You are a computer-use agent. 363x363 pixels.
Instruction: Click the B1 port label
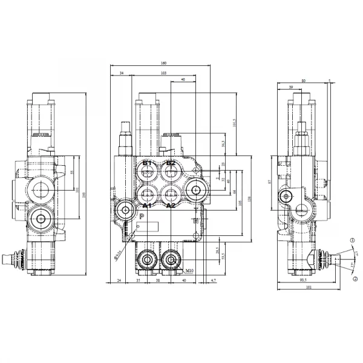coord(146,163)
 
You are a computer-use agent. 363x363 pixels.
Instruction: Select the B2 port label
coord(171,163)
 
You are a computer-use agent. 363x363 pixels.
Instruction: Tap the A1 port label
coord(145,206)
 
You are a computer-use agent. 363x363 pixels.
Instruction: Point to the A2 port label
coord(171,206)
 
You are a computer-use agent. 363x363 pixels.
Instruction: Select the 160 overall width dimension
coord(164,64)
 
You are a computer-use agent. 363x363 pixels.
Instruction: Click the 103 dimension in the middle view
coord(163,73)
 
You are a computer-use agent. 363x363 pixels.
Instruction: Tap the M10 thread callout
coord(190,270)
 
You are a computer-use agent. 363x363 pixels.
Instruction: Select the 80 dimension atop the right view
coord(303,80)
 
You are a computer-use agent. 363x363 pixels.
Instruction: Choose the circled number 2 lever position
coord(355,278)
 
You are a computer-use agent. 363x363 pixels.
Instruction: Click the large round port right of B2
coord(196,191)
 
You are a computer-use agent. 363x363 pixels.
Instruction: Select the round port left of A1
coord(125,210)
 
